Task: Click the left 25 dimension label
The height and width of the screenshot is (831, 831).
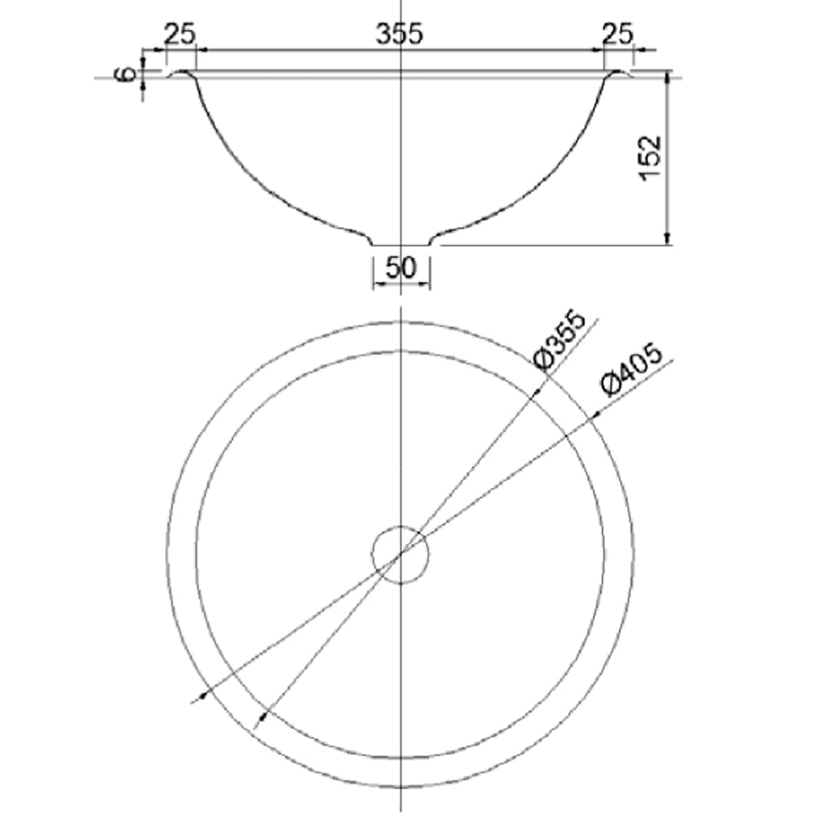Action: (x=179, y=34)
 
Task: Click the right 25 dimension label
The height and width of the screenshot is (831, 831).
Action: (x=618, y=34)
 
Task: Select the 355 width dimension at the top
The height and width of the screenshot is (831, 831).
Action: (x=400, y=34)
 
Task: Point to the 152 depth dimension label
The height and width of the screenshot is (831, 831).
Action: (x=651, y=159)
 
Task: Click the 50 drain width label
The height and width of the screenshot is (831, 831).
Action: (x=401, y=268)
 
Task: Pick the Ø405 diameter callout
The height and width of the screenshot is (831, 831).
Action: (x=632, y=370)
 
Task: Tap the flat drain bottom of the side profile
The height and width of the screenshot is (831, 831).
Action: (x=401, y=245)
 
